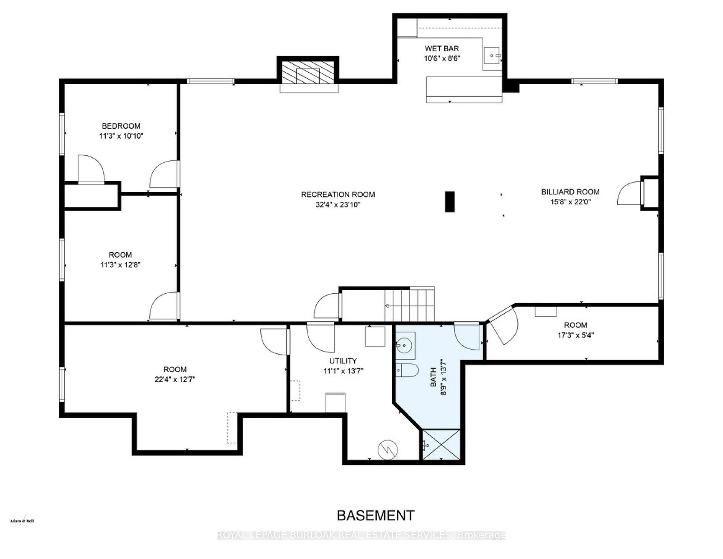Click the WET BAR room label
[441, 48]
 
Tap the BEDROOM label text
[121, 126]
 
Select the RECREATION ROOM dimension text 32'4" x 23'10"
[338, 204]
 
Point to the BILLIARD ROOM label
[570, 192]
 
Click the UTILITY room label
[343, 361]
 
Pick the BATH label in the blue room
[433, 377]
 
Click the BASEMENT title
[376, 516]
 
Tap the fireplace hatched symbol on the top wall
[308, 72]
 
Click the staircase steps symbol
[409, 305]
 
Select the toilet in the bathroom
[407, 370]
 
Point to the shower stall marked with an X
[441, 445]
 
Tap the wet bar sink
[492, 55]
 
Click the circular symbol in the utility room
[388, 450]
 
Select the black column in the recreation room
[450, 202]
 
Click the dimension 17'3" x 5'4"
[576, 335]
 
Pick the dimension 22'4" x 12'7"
[175, 379]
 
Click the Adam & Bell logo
[22, 521]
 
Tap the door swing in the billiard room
[629, 193]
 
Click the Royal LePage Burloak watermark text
[361, 535]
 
